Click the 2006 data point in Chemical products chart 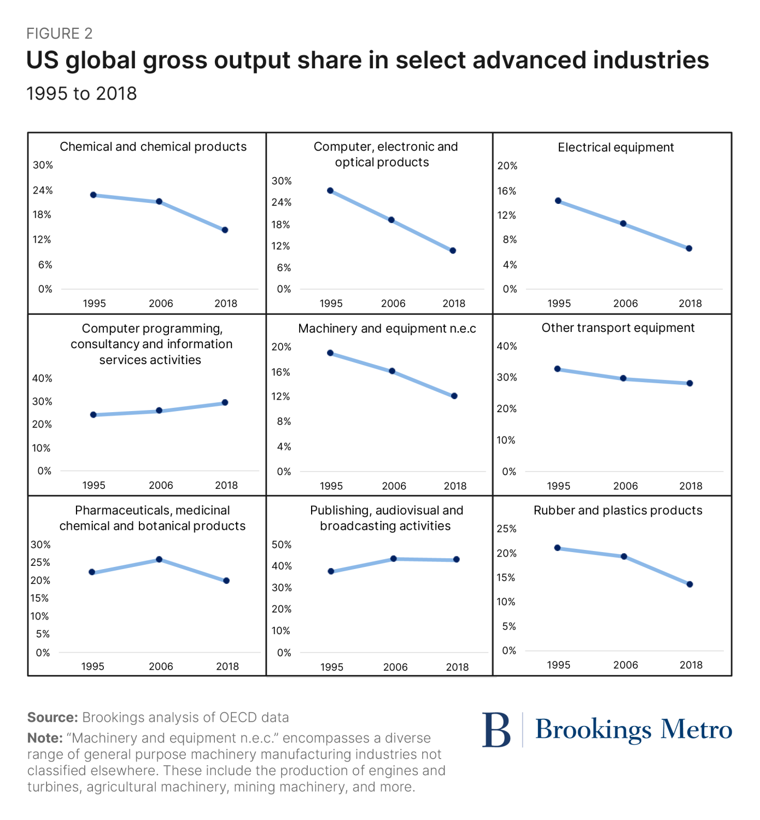click(159, 202)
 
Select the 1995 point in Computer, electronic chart click(330, 191)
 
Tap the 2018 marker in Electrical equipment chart click(689, 249)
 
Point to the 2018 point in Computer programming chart click(225, 403)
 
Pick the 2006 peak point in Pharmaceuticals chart click(159, 559)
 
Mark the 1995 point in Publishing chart click(331, 571)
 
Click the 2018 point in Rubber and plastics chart click(690, 584)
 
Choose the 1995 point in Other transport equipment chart click(558, 369)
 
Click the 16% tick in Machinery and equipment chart click(281, 372)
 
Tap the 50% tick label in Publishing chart click(282, 544)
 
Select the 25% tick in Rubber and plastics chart click(506, 529)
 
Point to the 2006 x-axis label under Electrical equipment click(625, 303)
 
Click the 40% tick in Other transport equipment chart click(507, 346)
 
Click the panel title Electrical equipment click(616, 148)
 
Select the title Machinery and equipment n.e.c click(387, 329)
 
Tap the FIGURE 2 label click(60, 34)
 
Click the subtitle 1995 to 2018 click(82, 93)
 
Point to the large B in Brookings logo click(496, 730)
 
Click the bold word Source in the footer click(53, 717)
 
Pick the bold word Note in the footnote click(45, 738)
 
